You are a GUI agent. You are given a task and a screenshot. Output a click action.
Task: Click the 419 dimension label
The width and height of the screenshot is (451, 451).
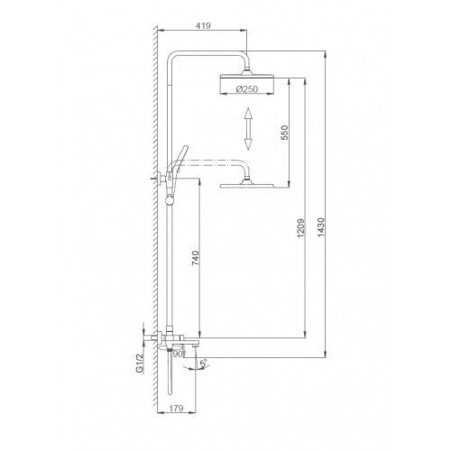[x=203, y=26]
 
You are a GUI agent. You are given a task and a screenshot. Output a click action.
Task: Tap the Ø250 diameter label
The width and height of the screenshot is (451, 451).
[x=246, y=89]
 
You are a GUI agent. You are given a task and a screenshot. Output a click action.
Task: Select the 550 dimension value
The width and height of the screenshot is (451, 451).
[x=284, y=133]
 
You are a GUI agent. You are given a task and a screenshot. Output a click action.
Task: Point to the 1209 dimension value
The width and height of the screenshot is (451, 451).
[x=301, y=228]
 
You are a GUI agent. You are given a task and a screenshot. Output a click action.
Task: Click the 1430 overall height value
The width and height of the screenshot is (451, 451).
[x=321, y=227]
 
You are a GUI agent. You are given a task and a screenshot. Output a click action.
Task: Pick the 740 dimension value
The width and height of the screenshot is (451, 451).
[x=195, y=258]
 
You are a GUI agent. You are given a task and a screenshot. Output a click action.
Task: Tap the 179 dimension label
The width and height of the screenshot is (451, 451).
[x=176, y=408]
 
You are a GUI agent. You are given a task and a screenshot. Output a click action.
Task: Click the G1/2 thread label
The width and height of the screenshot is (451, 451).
[x=140, y=364]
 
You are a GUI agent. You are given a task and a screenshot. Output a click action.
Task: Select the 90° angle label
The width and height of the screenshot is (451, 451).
[x=179, y=354]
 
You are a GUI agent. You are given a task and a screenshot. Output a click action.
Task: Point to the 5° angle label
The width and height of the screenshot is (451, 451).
[x=203, y=364]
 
